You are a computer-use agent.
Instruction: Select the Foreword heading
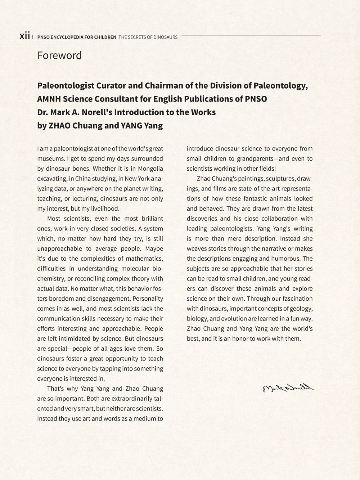click(59, 55)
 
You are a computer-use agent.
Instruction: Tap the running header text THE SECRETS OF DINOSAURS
click(148, 37)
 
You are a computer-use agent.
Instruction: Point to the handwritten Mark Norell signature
click(288, 388)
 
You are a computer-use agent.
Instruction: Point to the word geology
click(302, 309)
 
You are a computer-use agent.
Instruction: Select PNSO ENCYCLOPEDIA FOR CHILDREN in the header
click(77, 37)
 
